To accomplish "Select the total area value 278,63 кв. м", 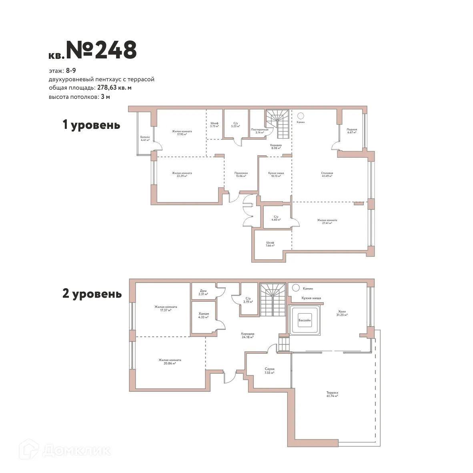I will coord(114,88).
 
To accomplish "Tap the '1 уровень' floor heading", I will coord(91,125).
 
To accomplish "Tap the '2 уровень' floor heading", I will coord(92,294).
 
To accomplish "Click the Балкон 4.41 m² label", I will coord(145,138).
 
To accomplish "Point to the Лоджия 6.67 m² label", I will coord(352,131).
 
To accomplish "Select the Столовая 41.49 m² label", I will coord(327,174).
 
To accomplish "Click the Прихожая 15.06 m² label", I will coord(241,174).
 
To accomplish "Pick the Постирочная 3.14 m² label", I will coord(259,131).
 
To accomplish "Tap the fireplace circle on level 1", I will coord(300,115).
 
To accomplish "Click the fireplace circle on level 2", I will coord(296,287).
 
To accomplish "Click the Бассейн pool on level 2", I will coord(304,321).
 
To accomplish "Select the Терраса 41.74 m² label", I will coord(332,394).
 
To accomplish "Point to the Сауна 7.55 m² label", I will coord(269,371).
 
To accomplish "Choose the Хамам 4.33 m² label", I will coord(204,315).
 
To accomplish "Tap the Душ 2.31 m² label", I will coord(203,292).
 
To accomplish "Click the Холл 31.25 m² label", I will coord(342,313).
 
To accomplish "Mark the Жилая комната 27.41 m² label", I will coord(327,221).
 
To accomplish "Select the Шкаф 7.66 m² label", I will coord(270,244).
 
